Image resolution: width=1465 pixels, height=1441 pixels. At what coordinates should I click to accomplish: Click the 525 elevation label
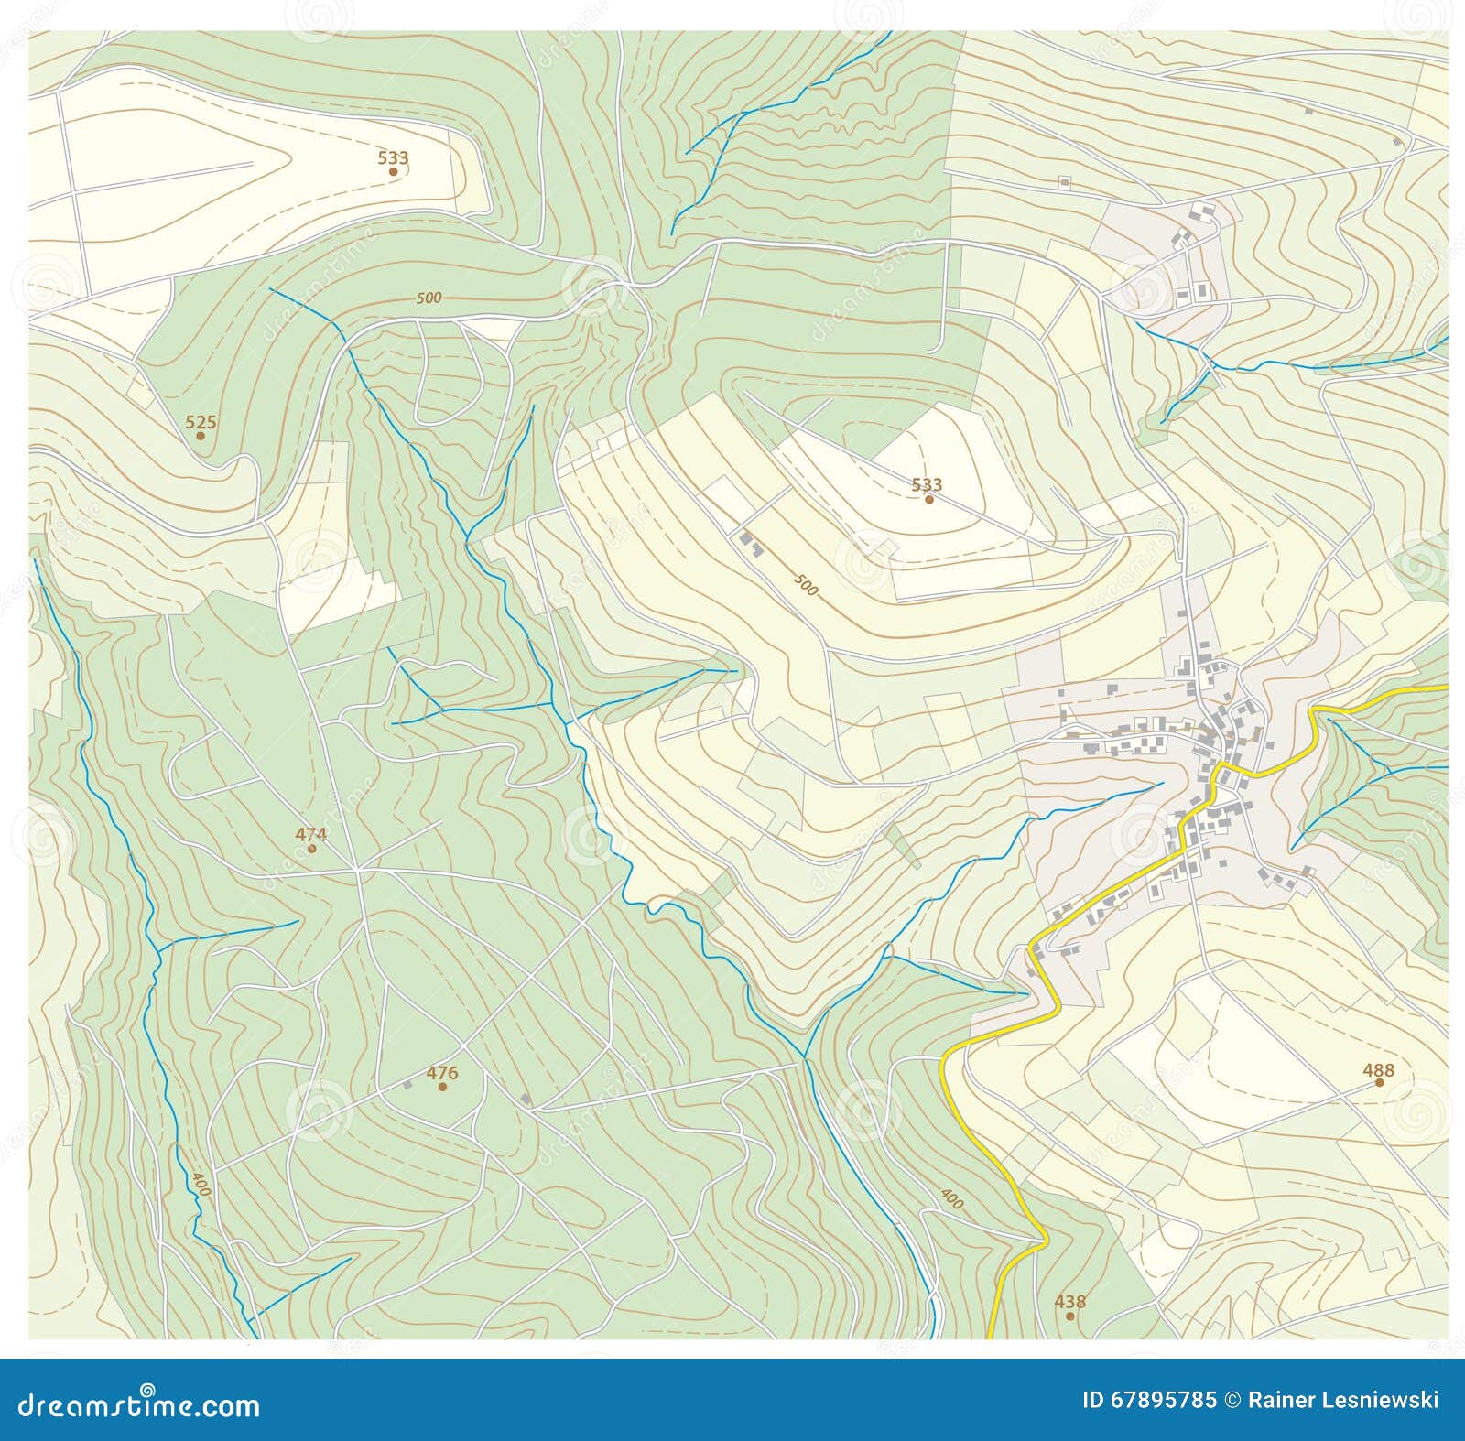coord(201,422)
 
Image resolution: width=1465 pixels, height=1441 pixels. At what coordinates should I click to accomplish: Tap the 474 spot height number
coord(310,834)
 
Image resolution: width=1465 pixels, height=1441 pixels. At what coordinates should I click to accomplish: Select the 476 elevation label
coord(442,1073)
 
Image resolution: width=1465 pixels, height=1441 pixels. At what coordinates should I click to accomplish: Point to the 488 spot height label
coord(1378,1069)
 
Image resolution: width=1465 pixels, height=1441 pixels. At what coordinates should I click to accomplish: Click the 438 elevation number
coord(1069,1301)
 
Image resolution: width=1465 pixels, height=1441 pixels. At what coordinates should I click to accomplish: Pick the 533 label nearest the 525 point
coord(393,157)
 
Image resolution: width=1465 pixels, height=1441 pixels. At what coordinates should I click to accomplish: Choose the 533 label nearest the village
coord(928,484)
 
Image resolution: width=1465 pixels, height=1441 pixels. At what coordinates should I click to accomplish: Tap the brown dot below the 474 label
coord(311,849)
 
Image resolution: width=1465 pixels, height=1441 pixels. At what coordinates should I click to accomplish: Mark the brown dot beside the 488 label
coord(1379,1082)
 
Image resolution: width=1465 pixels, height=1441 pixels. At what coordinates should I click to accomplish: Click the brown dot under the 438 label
coord(1069,1316)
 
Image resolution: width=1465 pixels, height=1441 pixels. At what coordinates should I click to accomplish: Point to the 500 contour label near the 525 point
coord(429,298)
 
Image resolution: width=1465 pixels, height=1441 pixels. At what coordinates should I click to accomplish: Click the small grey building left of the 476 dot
coord(407,1085)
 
